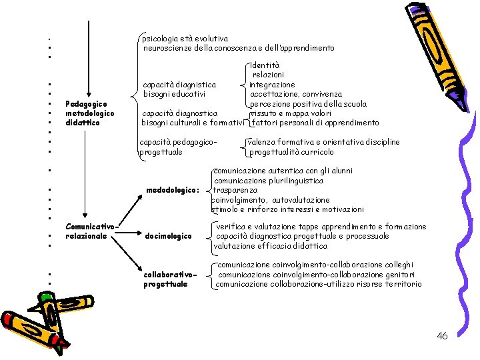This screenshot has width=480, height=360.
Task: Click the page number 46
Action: tap(442, 336)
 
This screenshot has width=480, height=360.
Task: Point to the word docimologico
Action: tap(168, 236)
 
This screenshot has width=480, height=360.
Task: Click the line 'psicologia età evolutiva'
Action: tap(185, 39)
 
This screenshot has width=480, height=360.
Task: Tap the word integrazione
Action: tap(272, 85)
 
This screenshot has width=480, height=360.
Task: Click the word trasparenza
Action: tap(239, 190)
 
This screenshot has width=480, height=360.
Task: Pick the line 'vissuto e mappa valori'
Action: tap(286, 113)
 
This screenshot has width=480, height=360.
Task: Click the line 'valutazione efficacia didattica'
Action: tap(270, 246)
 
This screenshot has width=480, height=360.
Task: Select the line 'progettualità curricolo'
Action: tap(291, 152)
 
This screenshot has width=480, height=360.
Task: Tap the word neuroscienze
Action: tap(167, 48)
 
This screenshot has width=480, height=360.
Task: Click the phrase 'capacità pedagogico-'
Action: tap(179, 142)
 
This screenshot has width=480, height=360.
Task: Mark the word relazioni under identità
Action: tap(268, 75)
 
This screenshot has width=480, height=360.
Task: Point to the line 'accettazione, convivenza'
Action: tap(296, 94)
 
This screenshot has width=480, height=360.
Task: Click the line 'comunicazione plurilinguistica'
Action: tap(269, 181)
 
